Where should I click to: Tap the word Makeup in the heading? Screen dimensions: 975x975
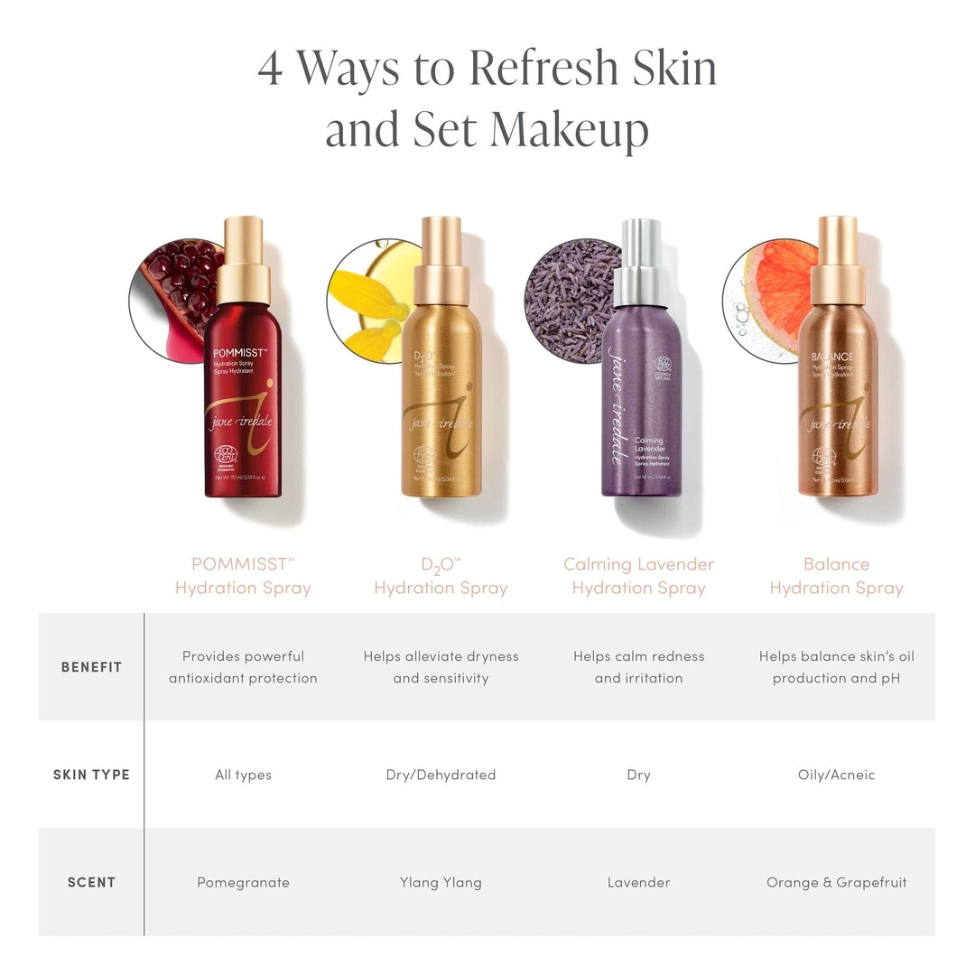coord(569,130)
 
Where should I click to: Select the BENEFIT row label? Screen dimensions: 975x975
coord(91,667)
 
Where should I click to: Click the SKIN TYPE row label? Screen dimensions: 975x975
coord(91,775)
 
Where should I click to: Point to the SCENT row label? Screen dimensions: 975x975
coord(91,882)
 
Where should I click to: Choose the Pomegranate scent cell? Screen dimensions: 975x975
coord(243,882)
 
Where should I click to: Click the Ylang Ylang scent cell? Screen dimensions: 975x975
coord(441,882)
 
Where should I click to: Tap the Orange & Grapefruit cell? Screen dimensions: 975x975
coord(836,882)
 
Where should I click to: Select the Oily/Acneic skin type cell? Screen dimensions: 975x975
coord(836,775)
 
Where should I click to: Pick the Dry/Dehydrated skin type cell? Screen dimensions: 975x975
coord(441,775)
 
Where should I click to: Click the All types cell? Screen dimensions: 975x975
coord(243,775)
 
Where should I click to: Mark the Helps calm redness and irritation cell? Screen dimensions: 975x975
coord(638,667)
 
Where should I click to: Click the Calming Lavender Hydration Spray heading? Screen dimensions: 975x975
coord(638,576)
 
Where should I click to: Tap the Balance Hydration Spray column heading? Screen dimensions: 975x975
coord(836,576)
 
